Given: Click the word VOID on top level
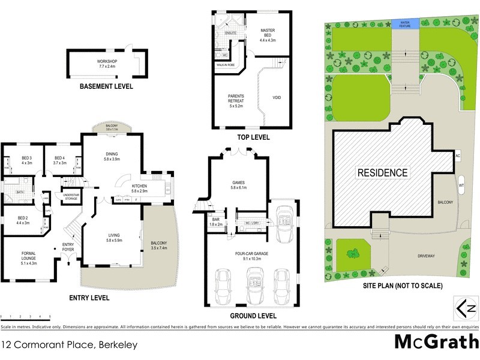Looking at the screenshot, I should (277, 98).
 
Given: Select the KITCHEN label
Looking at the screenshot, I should (140, 188).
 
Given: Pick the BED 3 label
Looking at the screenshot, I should (26, 160).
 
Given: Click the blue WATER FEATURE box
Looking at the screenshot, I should (406, 23).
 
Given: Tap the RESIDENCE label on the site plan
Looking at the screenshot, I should (383, 173).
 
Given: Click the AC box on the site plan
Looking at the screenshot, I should (457, 156).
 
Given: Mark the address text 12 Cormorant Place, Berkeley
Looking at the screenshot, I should (70, 344).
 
